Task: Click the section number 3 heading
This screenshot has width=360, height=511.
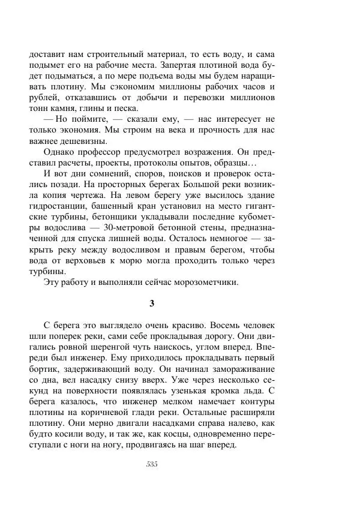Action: tap(152, 303)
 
